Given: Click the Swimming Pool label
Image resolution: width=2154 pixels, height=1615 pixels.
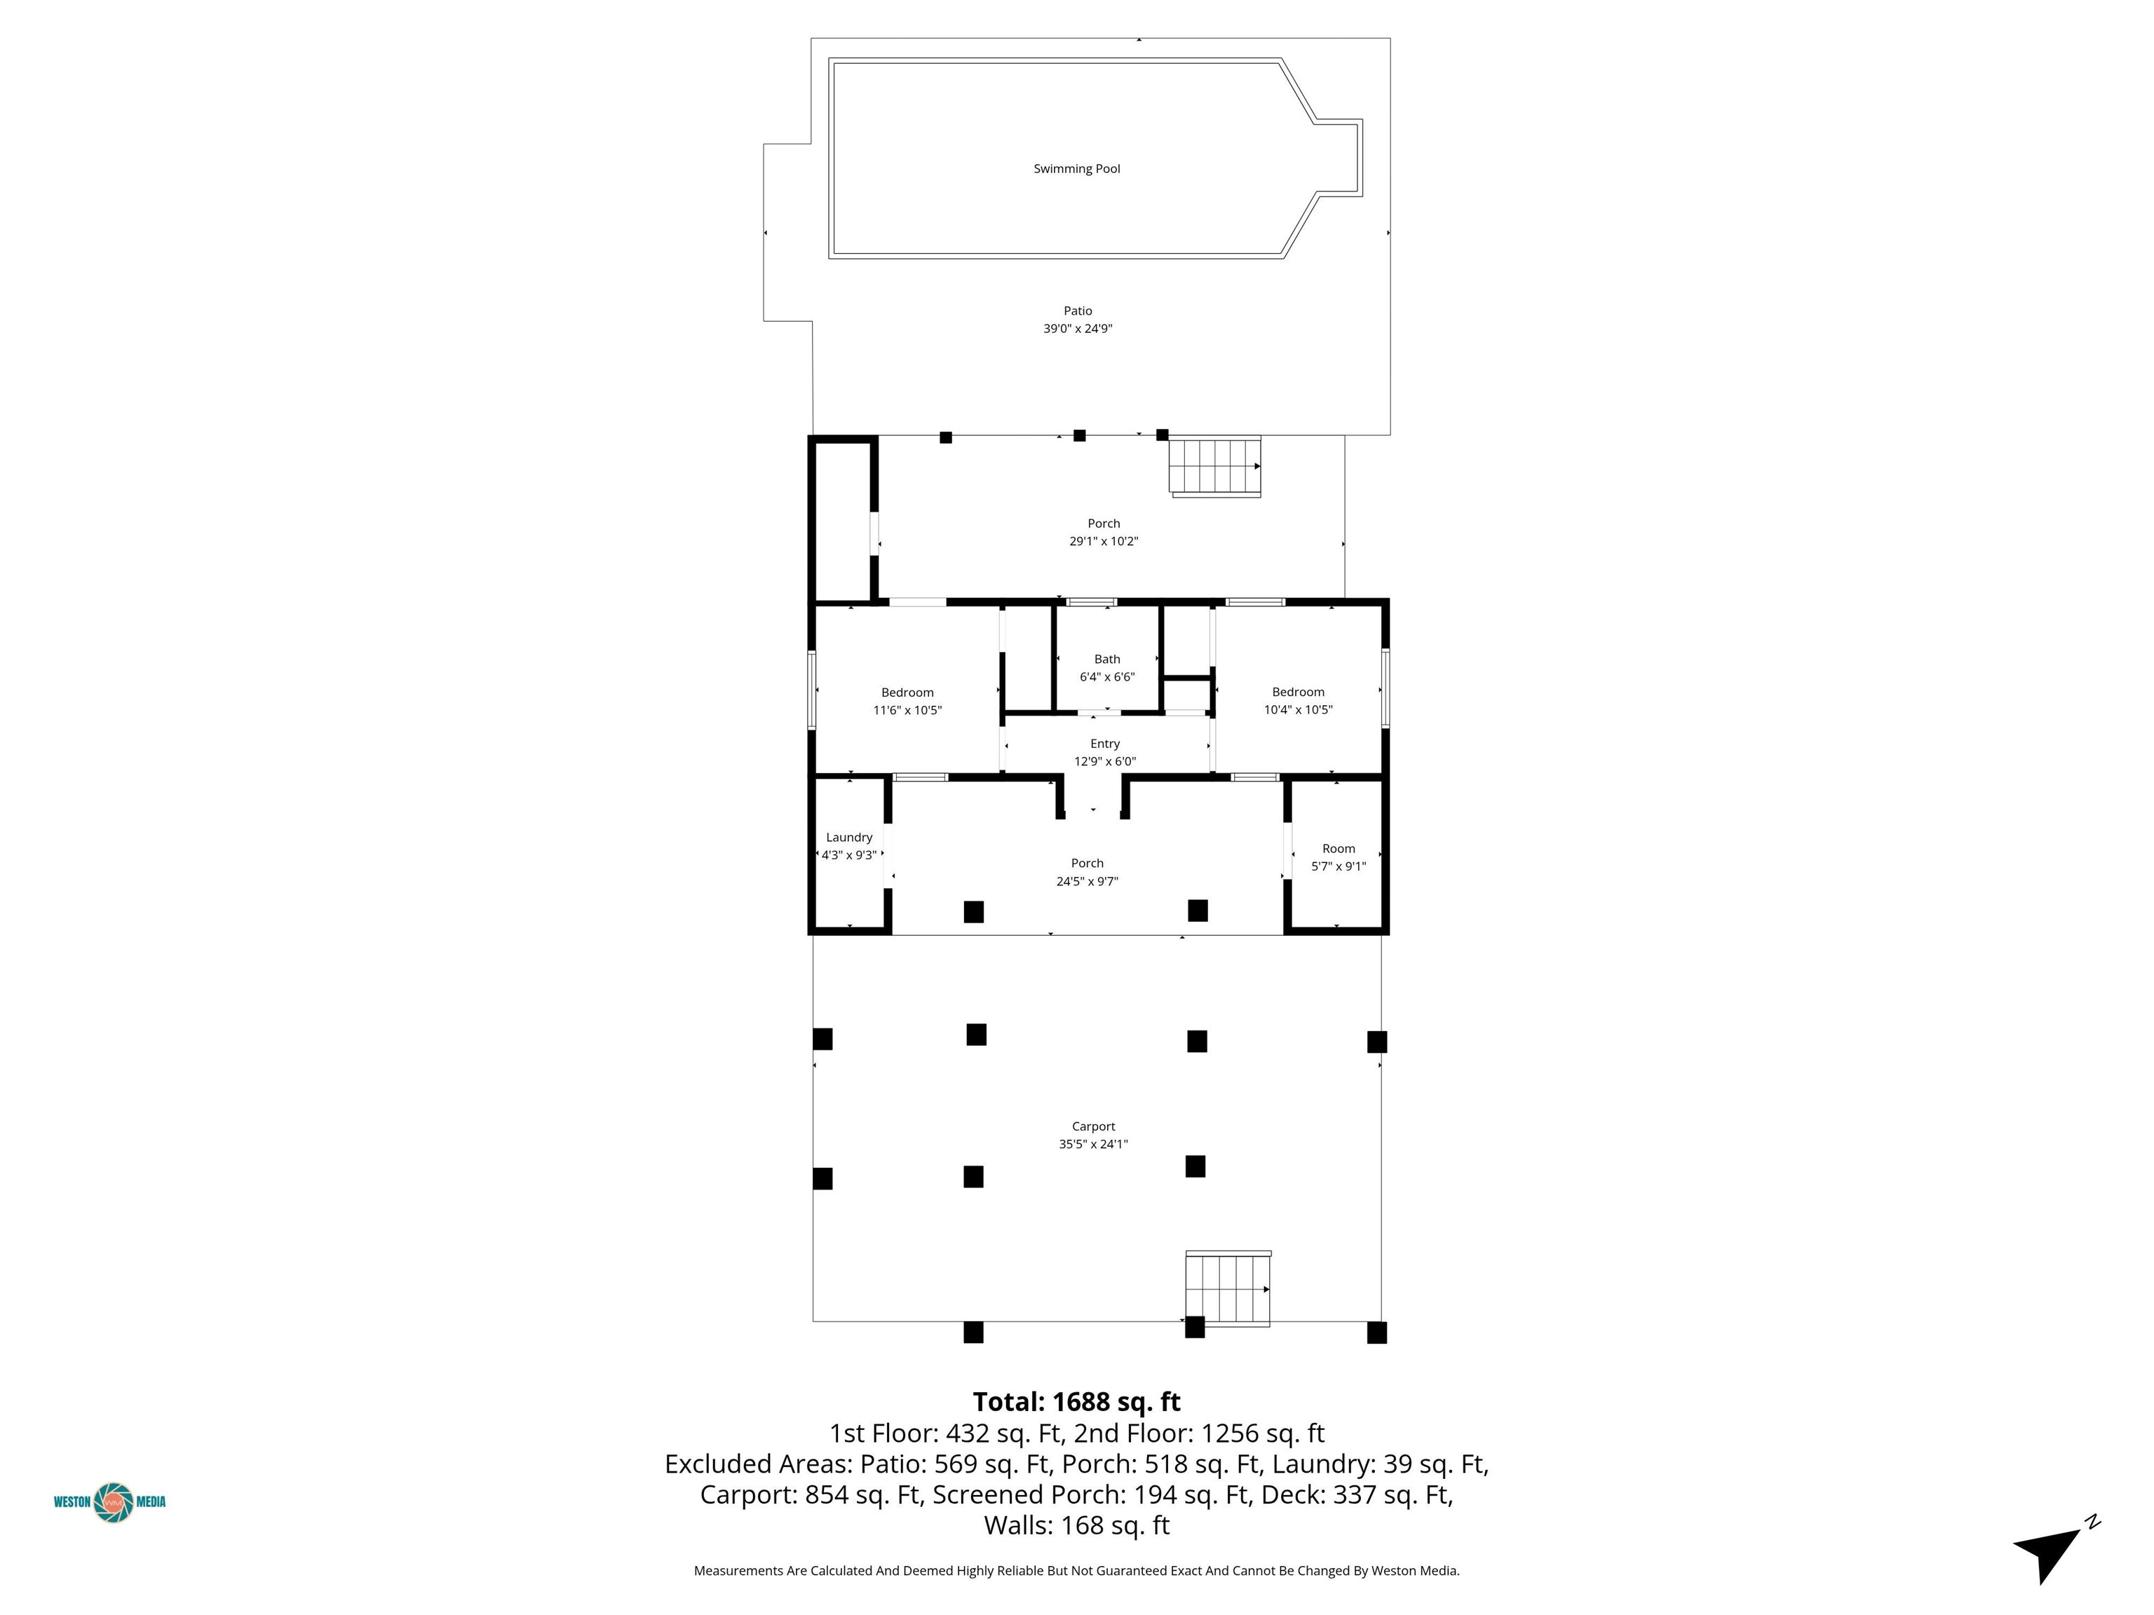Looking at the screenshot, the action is click(x=1076, y=168).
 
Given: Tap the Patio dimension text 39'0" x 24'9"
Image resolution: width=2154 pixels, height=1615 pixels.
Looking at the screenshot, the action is click(x=1077, y=329).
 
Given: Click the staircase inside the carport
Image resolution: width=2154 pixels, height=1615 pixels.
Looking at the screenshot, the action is click(x=1228, y=1288).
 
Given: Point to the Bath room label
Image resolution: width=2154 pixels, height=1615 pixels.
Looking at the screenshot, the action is click(x=1107, y=659).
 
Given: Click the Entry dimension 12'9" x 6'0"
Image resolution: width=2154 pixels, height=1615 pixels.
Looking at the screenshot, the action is click(x=1105, y=762).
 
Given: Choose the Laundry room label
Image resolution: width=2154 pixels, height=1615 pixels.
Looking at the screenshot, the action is click(x=849, y=837).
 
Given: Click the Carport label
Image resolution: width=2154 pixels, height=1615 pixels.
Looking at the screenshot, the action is click(x=1094, y=1126).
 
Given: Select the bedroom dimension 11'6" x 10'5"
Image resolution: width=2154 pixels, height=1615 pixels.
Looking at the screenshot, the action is click(x=907, y=711).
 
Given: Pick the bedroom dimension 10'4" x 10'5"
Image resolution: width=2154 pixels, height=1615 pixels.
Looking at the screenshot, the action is click(x=1298, y=709).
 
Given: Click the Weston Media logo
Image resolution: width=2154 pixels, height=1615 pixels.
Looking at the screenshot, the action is click(x=110, y=1501).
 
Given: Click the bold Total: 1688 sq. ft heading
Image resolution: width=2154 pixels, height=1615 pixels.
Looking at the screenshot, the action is click(x=1077, y=1402).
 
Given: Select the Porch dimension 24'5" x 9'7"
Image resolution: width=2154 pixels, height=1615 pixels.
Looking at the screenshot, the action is click(x=1088, y=882).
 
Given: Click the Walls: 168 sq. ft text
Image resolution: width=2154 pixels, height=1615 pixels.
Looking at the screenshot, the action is click(x=1077, y=1525).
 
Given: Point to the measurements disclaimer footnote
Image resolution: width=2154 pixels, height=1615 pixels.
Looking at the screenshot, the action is click(x=1077, y=1570).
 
